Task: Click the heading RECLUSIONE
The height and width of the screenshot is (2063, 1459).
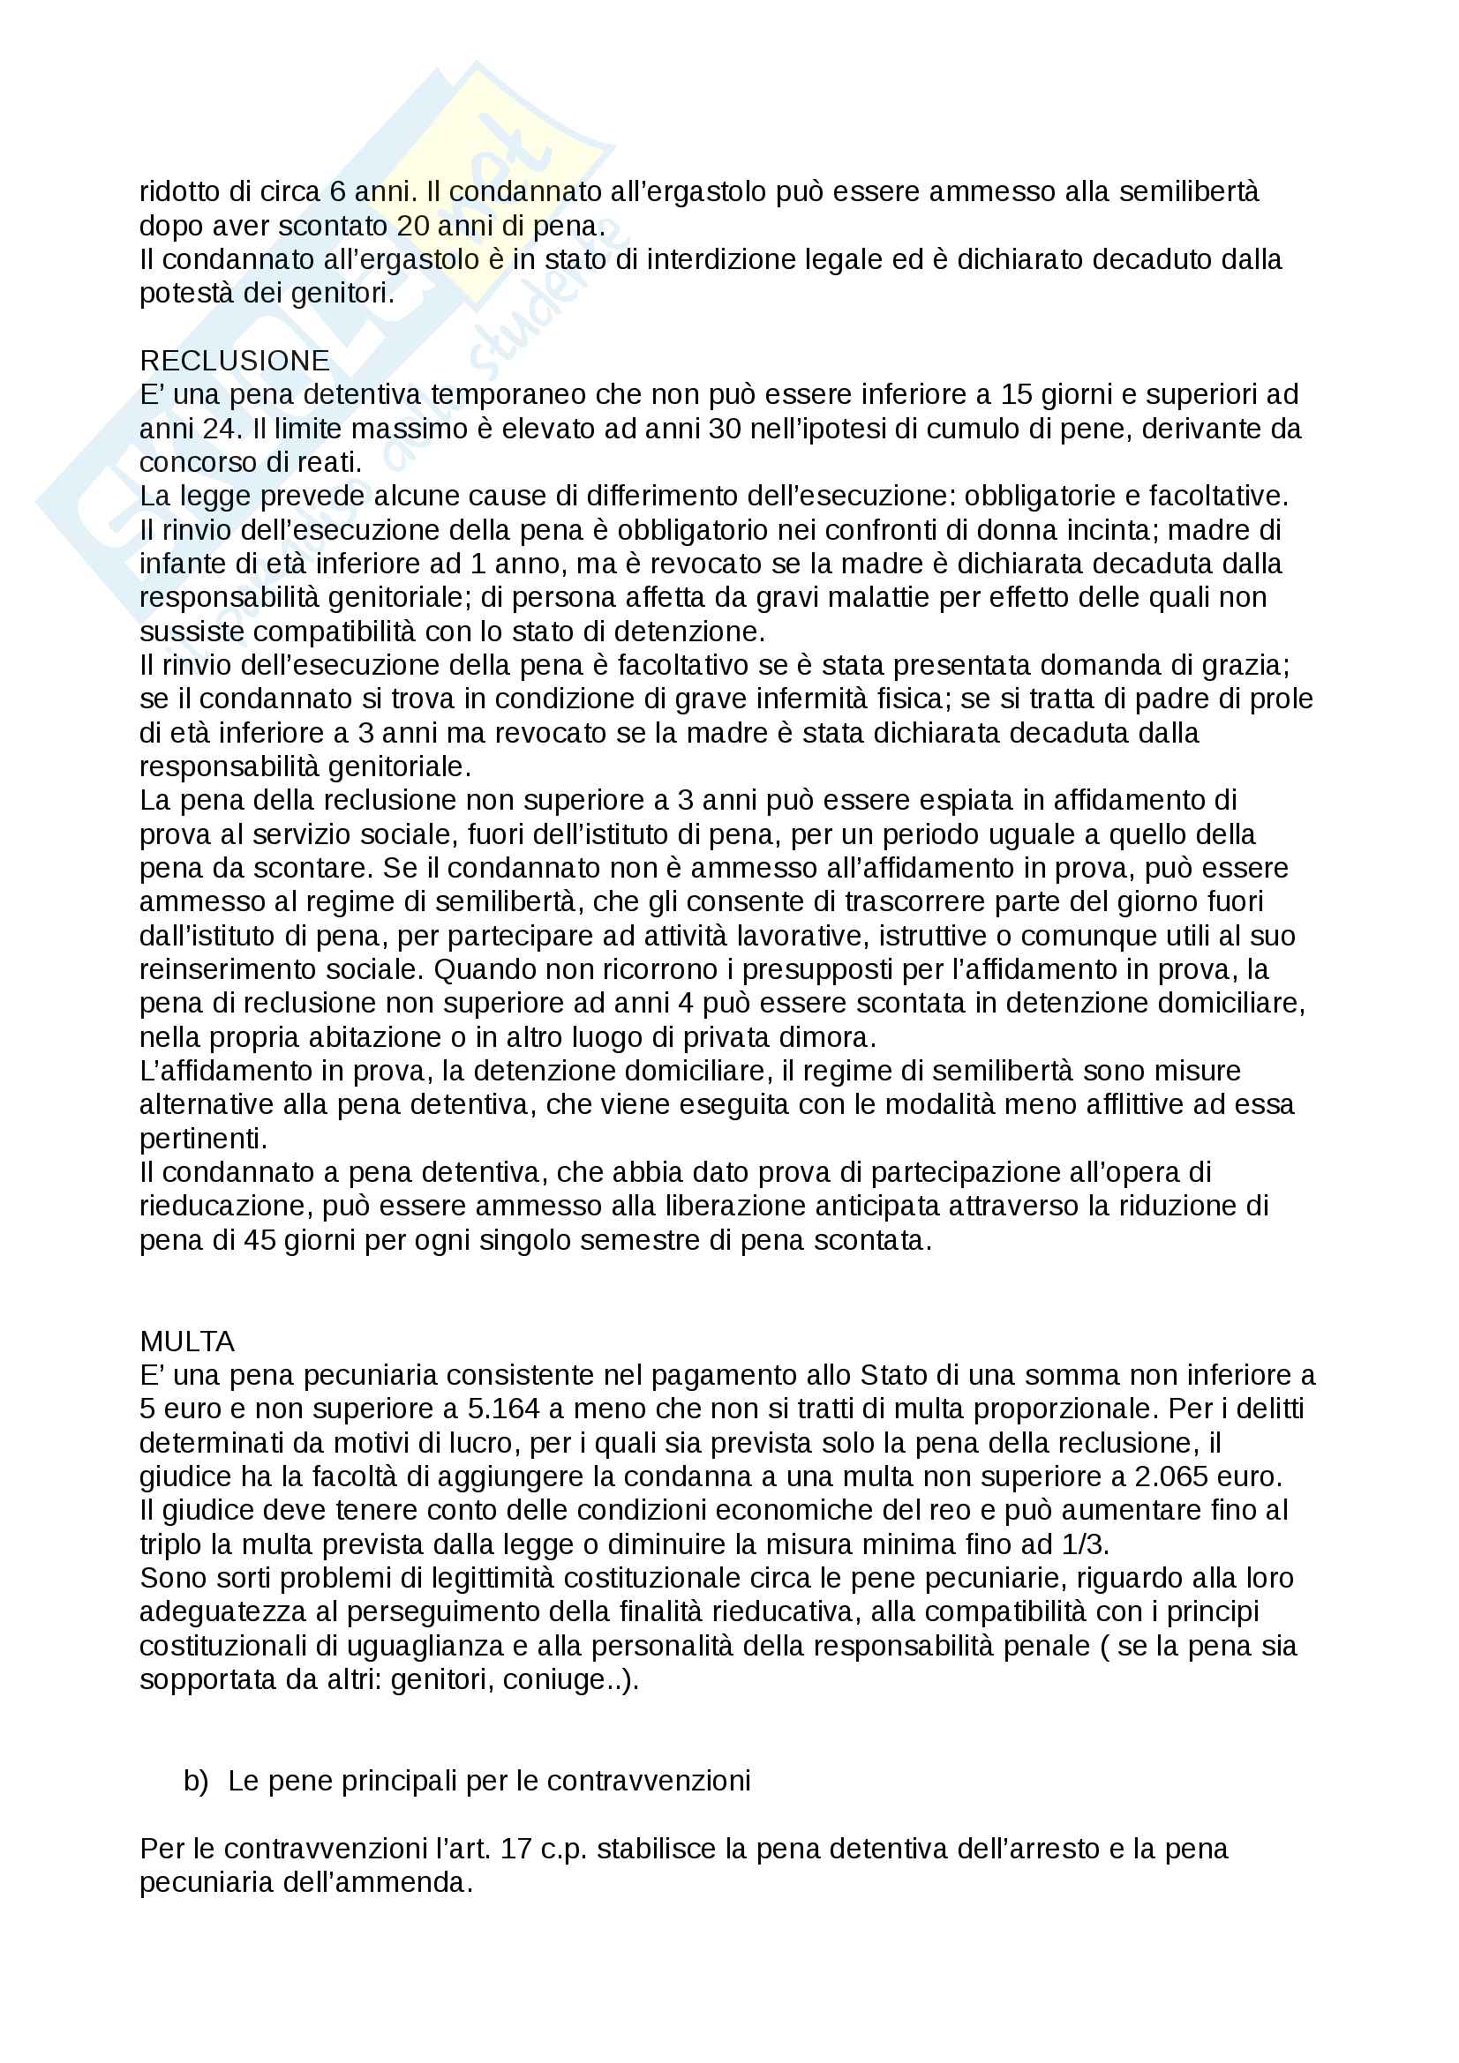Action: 235,361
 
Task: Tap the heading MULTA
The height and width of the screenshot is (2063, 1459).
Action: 187,1342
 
